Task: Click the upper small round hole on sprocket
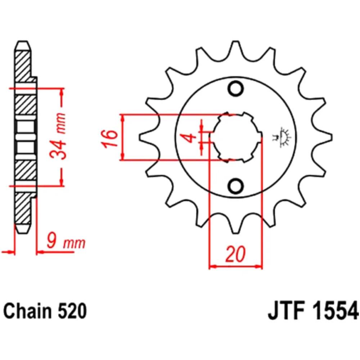coord(236,88)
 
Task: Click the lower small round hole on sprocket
coord(236,186)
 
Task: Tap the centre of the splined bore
coord(236,137)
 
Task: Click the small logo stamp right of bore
coord(285,137)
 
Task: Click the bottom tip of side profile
coord(22,232)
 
